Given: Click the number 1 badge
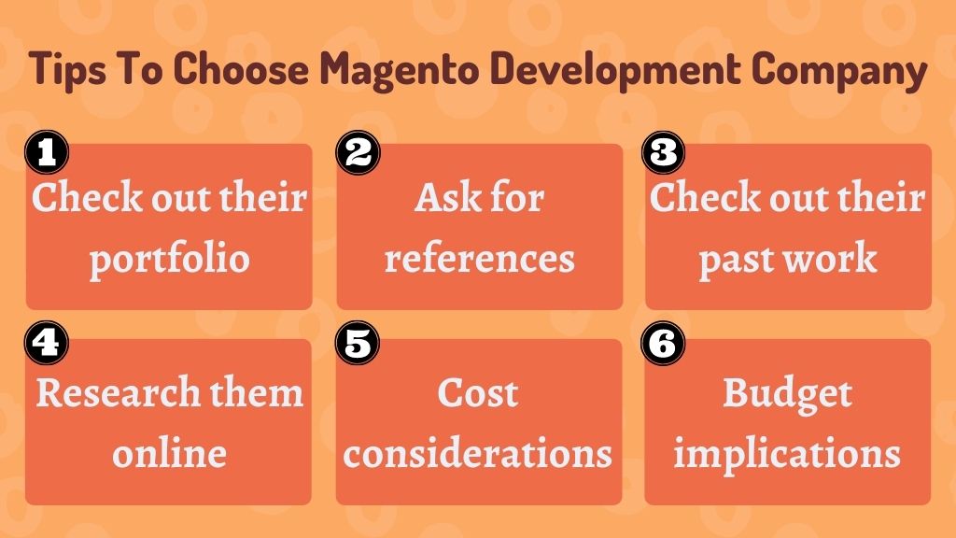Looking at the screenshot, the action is (47, 152).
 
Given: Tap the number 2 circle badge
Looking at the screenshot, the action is (358, 152).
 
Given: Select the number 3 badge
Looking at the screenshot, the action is (664, 152).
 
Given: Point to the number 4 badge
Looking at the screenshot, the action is (47, 343).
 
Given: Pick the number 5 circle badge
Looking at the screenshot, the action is (358, 343).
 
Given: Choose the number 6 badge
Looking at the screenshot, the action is (664, 343).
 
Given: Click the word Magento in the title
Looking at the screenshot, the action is (400, 70).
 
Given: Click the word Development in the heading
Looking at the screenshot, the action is (616, 70).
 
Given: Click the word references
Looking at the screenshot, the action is (480, 258).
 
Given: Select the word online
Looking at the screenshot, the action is (170, 453).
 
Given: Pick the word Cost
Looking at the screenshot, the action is (478, 392).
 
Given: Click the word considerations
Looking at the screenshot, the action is (477, 453).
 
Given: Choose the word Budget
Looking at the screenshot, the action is (788, 394).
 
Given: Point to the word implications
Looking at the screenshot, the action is (787, 455).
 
